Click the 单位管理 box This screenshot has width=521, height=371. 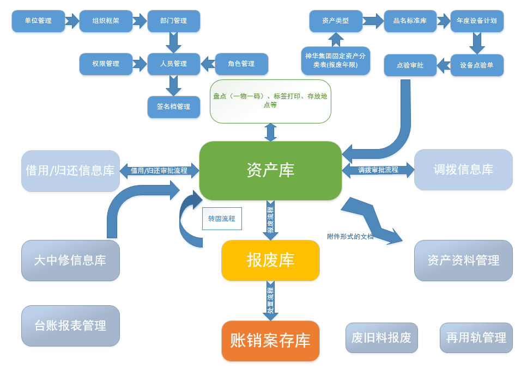(38, 21)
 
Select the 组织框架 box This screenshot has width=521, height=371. (106, 21)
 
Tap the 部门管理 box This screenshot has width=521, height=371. (174, 21)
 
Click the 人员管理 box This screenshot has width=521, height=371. (174, 64)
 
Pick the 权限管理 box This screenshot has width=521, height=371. (106, 64)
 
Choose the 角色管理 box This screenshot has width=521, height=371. (241, 64)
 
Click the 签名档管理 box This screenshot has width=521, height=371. (174, 107)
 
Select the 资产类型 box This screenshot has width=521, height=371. (336, 21)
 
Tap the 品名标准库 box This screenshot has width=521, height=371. (410, 21)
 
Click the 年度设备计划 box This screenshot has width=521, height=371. (477, 21)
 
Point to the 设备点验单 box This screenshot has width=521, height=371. (477, 65)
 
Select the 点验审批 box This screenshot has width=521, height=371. (410, 65)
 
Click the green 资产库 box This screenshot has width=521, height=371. (270, 170)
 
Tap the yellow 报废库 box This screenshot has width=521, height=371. (270, 260)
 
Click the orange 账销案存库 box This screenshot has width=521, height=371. (270, 341)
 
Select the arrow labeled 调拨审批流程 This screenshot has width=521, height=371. (378, 170)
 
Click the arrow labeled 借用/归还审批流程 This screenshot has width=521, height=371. (159, 170)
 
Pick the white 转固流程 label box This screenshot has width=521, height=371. (222, 219)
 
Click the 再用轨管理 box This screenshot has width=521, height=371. (476, 338)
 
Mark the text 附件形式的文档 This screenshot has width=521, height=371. (350, 237)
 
